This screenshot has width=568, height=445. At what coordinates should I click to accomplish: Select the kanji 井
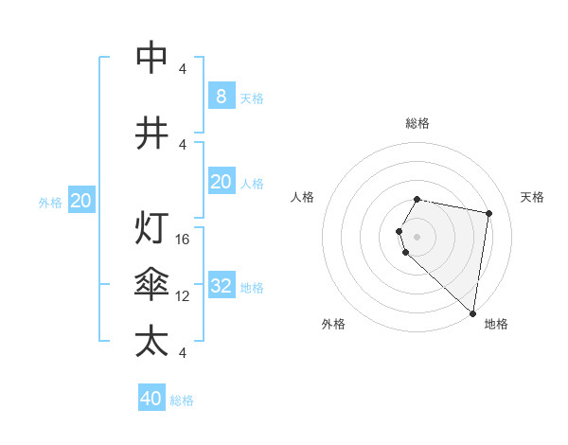tap(151, 133)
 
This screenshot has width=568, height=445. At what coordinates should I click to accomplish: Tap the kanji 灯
tap(151, 228)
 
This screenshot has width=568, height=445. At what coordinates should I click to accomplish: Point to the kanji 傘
tap(151, 285)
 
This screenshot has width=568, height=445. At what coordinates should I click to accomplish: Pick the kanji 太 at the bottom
tap(151, 341)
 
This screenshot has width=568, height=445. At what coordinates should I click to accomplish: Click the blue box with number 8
tap(221, 96)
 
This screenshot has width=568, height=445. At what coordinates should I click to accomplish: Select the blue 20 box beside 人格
tap(221, 182)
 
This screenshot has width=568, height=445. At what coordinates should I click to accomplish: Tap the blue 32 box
tap(221, 286)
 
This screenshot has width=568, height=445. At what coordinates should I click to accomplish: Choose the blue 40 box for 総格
tap(151, 399)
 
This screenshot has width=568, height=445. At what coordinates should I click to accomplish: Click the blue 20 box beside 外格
tap(81, 201)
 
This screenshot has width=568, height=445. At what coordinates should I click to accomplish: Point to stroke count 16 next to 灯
tap(184, 239)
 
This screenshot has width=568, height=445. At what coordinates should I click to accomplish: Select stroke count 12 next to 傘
tap(184, 295)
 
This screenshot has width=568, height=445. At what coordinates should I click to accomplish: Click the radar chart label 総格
tap(417, 123)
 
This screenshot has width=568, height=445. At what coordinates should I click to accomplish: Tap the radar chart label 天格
tap(533, 197)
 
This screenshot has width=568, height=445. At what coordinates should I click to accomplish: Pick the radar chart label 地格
tap(496, 325)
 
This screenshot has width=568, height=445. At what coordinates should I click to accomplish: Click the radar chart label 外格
tap(333, 325)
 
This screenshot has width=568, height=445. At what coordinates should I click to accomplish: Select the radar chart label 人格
tap(303, 197)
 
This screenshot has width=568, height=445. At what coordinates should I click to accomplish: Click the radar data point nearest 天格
tap(488, 213)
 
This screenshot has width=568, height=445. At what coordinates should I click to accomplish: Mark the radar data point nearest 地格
tap(472, 312)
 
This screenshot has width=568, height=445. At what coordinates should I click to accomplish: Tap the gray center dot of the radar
tap(417, 236)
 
